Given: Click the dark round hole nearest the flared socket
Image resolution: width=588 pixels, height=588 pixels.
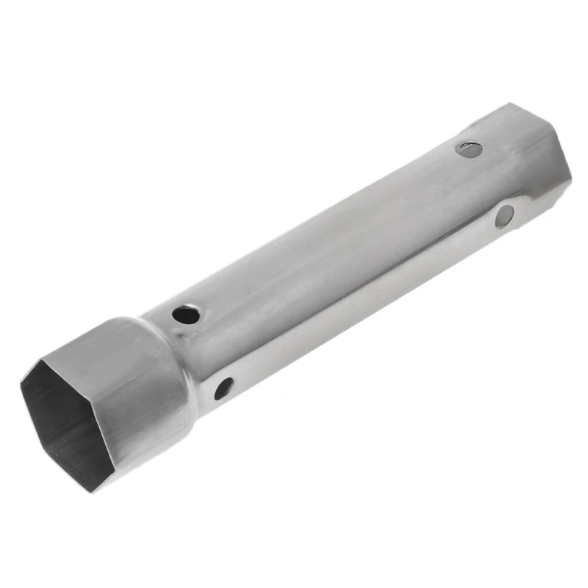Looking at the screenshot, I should tap(186, 315).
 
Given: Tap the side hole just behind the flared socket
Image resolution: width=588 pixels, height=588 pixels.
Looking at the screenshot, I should tap(223, 387).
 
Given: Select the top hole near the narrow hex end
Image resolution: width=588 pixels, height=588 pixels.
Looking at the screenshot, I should tap(469, 149).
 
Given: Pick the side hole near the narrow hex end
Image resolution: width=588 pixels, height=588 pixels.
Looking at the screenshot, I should tap(504, 215).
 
